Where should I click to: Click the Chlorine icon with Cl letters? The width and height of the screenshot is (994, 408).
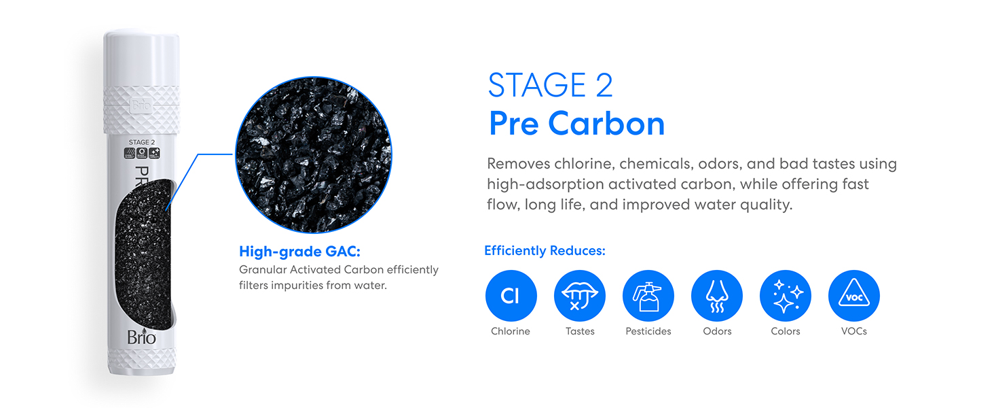tap(511, 296)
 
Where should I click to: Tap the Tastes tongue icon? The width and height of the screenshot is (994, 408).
tap(579, 296)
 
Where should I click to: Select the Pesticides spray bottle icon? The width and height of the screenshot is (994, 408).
tap(648, 296)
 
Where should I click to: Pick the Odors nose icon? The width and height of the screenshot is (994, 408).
tap(717, 296)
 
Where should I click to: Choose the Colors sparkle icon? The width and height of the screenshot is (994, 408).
tap(786, 296)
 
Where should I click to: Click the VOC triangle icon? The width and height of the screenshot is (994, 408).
tap(854, 296)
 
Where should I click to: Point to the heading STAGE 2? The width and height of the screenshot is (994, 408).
tap(550, 86)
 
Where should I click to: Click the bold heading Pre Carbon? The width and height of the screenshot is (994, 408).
tap(576, 124)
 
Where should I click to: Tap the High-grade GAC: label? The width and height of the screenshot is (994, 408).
tap(299, 252)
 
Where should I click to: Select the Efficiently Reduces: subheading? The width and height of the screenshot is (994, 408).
tap(545, 251)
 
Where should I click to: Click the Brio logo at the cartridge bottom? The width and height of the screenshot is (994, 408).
tap(141, 337)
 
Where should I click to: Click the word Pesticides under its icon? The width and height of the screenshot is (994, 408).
tap(648, 331)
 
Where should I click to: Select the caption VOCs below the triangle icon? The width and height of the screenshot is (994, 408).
tap(854, 331)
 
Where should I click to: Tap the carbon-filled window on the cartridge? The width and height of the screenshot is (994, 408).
tap(141, 252)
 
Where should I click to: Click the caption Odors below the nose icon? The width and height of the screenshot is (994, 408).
tap(717, 331)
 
